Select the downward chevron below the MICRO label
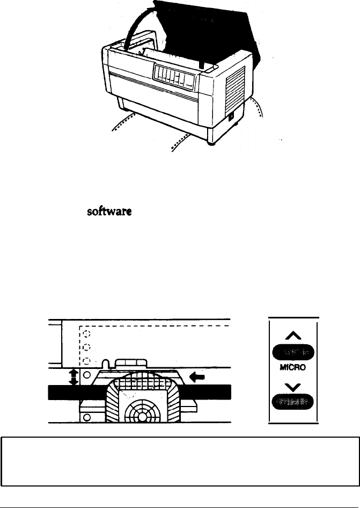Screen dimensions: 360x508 point(293,384)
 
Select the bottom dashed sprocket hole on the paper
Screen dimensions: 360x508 point(84,360)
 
